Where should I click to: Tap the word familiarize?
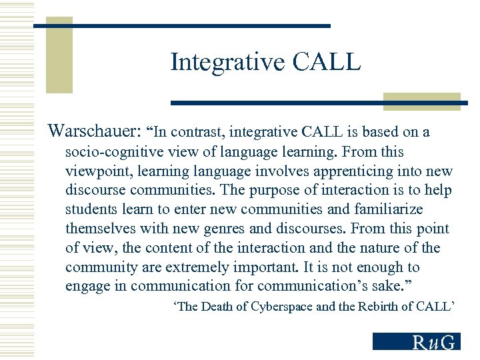(386, 209)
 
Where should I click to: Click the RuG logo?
(416, 341)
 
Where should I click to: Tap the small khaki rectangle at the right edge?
(422, 101)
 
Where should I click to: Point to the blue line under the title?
(313, 103)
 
